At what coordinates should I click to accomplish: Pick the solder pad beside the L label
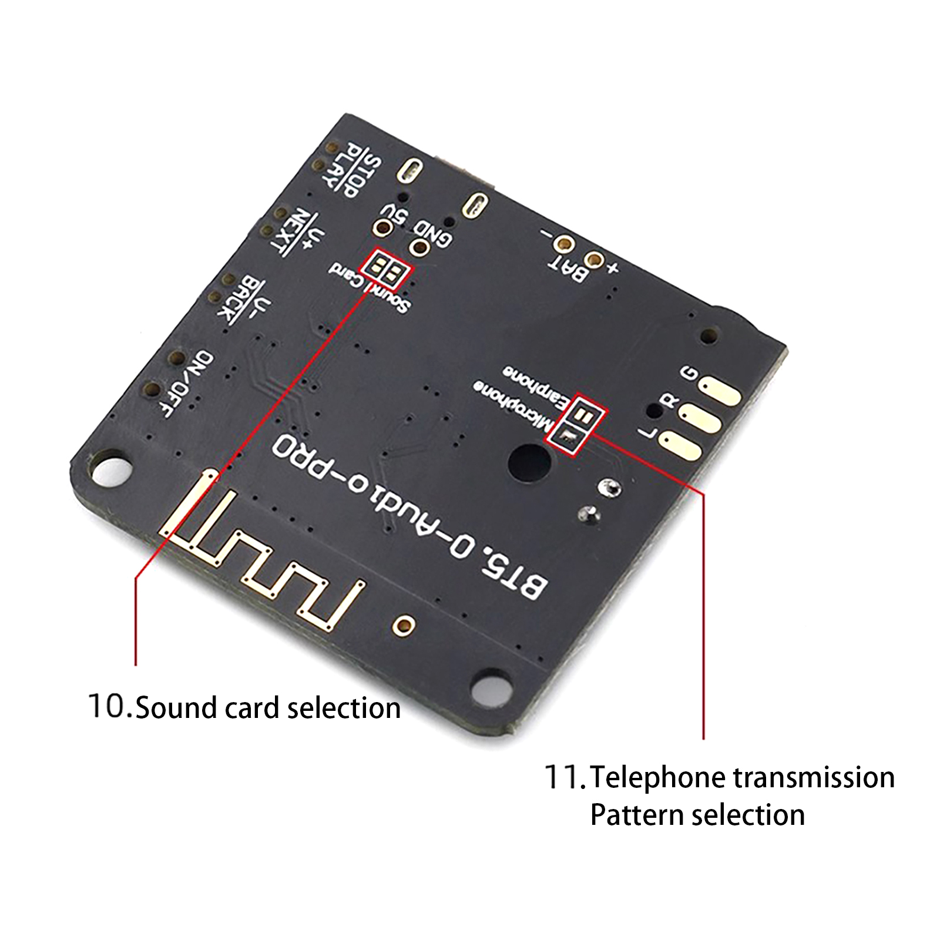tap(680, 446)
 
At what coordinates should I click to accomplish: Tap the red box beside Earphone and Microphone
tap(582, 423)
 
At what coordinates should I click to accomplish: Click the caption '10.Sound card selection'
tap(244, 707)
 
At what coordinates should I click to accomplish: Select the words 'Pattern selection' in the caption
tap(697, 815)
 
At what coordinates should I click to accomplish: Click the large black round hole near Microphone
tap(529, 462)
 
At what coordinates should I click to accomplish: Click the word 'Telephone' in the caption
tap(658, 777)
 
